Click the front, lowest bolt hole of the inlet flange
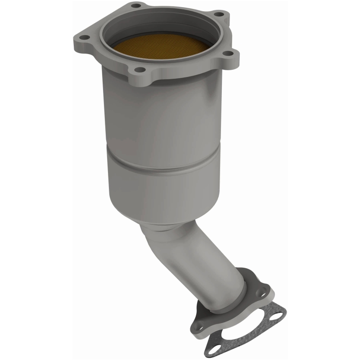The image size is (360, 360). (x=141, y=70)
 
